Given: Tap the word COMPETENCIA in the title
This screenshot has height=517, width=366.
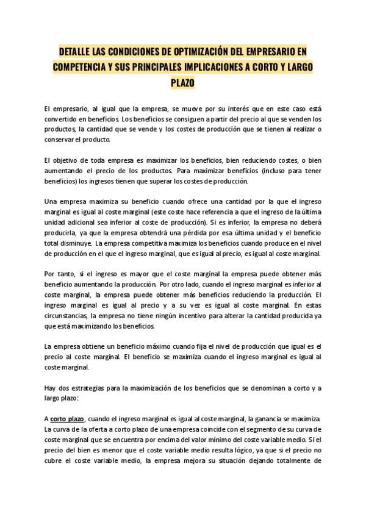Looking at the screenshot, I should tap(82, 66).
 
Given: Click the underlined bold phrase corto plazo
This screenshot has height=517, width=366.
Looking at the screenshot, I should tap(67, 419).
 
